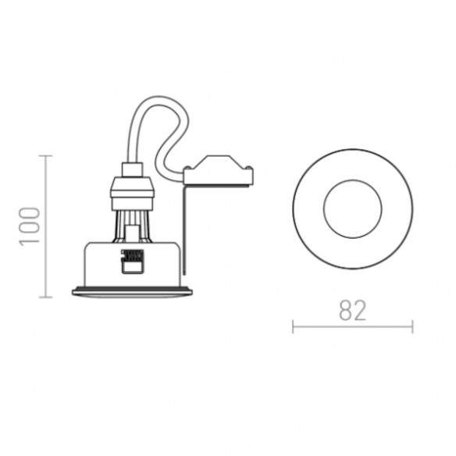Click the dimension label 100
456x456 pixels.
pyautogui.click(x=30, y=226)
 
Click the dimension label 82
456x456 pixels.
pyautogui.click(x=352, y=311)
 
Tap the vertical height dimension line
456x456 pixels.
pyautogui.click(x=45, y=226)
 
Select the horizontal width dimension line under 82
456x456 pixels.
pyautogui.click(x=353, y=326)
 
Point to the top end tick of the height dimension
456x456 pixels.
pyautogui.click(x=45, y=156)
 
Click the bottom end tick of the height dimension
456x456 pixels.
pyautogui.click(x=45, y=297)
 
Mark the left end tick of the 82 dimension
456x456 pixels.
pyautogui.click(x=293, y=326)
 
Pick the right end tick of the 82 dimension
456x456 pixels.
pyautogui.click(x=412, y=326)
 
